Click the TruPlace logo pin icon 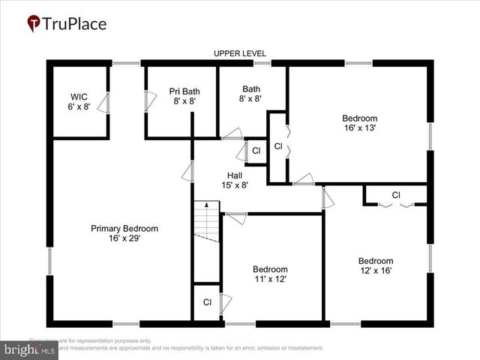34,24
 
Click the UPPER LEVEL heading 240,53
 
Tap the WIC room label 79,97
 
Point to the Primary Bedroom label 124,229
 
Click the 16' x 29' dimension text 124,238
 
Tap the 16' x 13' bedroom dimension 359,128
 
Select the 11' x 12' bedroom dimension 270,279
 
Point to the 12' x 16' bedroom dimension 375,271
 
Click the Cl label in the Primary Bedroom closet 207,302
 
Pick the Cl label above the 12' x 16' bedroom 396,196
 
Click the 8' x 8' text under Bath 251,98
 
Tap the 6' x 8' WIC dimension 79,106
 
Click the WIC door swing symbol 103,104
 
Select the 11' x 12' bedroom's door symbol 236,218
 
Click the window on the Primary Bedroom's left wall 50,262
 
